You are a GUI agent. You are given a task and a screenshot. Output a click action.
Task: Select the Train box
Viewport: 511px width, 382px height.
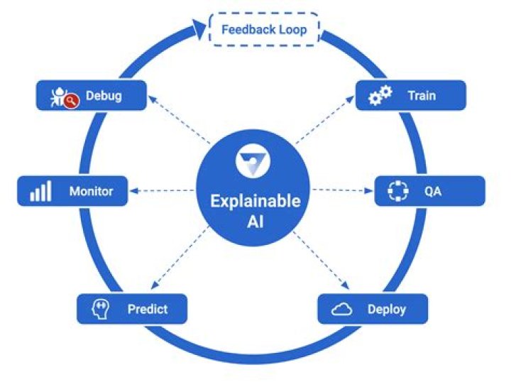pos(411,95)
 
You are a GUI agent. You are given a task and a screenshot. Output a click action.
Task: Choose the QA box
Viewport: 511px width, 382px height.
pos(429,191)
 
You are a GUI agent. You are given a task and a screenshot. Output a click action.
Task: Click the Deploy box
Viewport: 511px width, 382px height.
pos(373,309)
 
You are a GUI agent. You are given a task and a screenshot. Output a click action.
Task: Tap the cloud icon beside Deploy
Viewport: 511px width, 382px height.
pos(342,309)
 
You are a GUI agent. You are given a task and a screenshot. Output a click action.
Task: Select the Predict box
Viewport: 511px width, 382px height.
pos(132,309)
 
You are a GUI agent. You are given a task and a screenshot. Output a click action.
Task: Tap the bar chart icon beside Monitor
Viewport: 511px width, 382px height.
pos(40,192)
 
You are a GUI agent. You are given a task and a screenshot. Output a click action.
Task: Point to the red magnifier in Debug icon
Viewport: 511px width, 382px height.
pos(70,102)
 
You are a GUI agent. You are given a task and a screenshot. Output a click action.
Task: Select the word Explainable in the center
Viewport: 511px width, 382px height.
pos(255,201)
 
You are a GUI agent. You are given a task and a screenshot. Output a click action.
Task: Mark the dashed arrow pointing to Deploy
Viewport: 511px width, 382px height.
pos(322,262)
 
